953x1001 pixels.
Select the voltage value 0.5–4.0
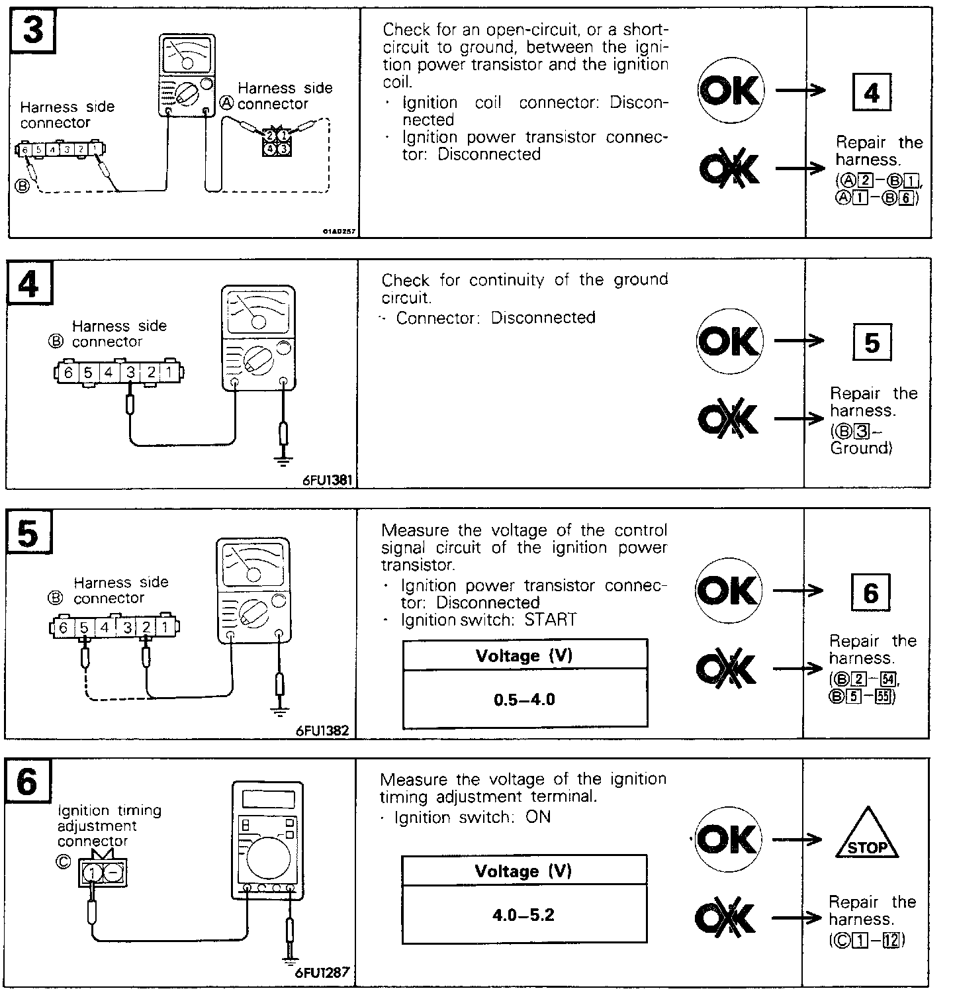[525, 700]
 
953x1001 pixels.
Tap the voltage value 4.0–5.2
[523, 916]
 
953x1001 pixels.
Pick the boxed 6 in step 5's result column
[870, 593]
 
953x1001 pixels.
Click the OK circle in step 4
[729, 341]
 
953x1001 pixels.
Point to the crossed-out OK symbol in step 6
[725, 918]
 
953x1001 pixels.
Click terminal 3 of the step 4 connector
[130, 373]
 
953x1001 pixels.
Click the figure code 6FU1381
[326, 480]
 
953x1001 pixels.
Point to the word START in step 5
[551, 620]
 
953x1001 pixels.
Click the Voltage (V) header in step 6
[523, 871]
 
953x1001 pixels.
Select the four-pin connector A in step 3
[276, 142]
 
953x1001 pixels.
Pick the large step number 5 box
[29, 534]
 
